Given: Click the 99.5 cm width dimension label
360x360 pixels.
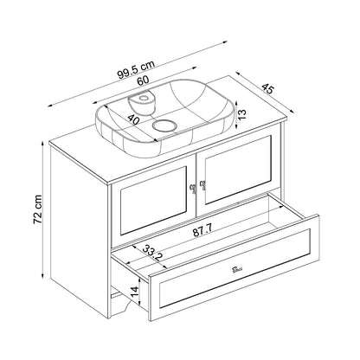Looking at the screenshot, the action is tap(136, 70).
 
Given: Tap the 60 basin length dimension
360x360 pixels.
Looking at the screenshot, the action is tap(143, 80).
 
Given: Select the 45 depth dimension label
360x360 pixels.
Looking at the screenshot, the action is tap(267, 88).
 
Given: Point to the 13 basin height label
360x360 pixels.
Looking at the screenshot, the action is tap(242, 114).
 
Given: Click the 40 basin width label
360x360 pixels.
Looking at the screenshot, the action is tap(133, 119).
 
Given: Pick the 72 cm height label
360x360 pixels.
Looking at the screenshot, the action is tap(38, 209).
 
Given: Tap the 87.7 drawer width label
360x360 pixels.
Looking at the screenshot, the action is tap(202, 231).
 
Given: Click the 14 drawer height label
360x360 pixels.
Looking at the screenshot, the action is tap(135, 293).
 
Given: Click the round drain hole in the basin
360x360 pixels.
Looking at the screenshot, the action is tap(164, 125).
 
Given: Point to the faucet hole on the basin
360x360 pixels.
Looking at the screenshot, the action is tap(142, 98).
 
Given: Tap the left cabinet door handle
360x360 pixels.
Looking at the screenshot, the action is tap(192, 188).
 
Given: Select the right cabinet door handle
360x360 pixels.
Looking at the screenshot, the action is tap(202, 184).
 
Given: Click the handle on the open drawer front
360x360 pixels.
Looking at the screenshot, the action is tap(238, 270).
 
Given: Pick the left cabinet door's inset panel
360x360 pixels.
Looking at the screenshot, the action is tap(153, 200).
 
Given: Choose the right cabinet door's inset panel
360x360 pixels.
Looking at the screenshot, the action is tap(238, 170).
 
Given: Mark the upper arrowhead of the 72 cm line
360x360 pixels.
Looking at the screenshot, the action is tap(42, 144).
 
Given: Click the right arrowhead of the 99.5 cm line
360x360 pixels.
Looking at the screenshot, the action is tap(225, 42).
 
